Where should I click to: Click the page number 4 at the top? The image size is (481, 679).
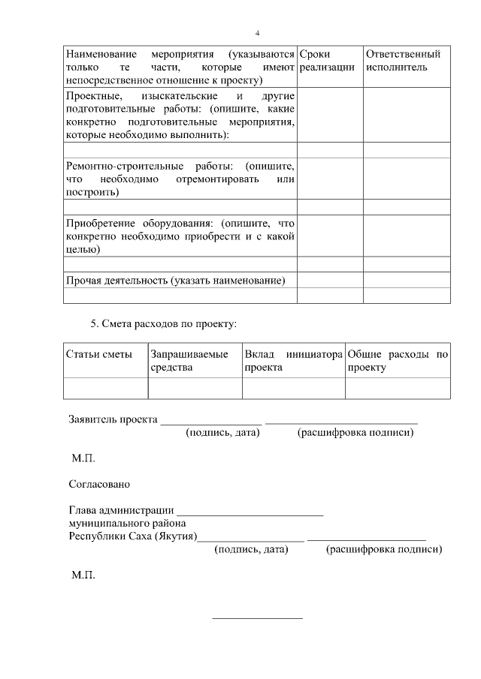point(257,34)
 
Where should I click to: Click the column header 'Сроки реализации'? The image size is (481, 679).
point(326,61)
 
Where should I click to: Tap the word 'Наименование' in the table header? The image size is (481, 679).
point(101,55)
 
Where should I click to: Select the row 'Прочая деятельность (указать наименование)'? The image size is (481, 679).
point(176,281)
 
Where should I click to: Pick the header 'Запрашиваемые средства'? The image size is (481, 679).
point(189,360)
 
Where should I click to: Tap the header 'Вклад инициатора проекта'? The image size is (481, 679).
point(293,360)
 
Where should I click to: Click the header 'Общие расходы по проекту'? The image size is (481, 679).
point(398,360)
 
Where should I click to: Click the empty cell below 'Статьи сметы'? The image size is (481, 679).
point(106,388)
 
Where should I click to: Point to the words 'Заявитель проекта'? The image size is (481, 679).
point(113,419)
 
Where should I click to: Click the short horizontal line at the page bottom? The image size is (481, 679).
point(257,618)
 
